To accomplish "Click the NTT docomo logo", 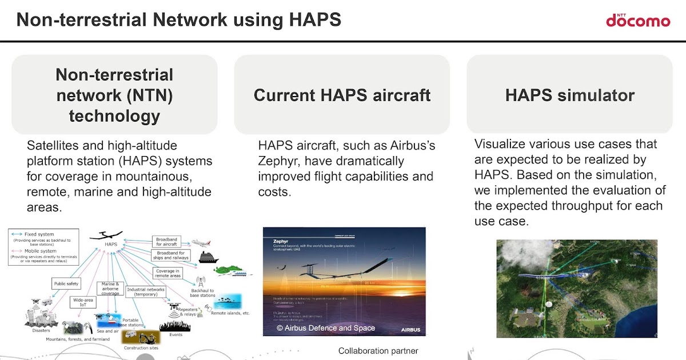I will pyautogui.click(x=637, y=20).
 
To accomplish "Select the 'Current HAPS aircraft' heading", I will pyautogui.click(x=342, y=95).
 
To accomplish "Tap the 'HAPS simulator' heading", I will pyautogui.click(x=569, y=95).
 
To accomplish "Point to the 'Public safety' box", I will pyautogui.click(x=66, y=283).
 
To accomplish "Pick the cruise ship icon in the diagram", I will pyautogui.click(x=208, y=257).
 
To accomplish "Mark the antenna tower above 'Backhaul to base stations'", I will pyautogui.click(x=201, y=282).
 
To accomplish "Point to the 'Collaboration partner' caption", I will pyautogui.click(x=378, y=351).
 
